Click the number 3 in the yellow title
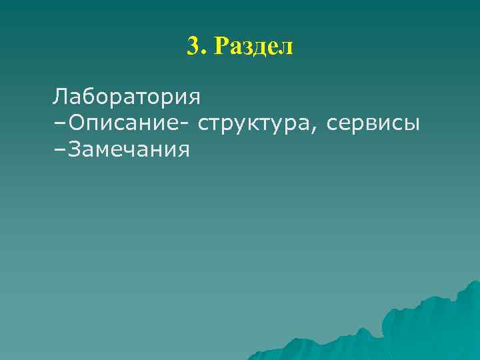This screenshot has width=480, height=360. coord(193,46)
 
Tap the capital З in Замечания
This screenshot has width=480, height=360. coord(74,149)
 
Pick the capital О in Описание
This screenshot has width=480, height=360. coord(75,123)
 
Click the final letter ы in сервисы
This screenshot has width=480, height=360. coord(412,125)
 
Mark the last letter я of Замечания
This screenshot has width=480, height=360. coord(183,151)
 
